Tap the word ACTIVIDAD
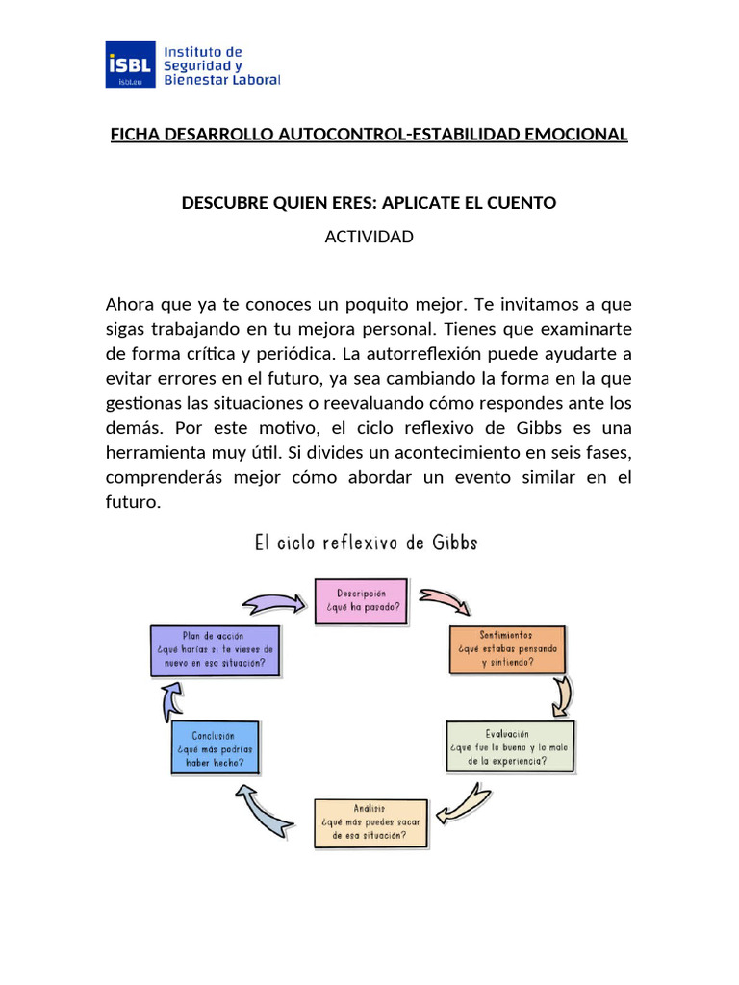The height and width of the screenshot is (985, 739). pos(369,236)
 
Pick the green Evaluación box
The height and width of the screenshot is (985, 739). pos(509,746)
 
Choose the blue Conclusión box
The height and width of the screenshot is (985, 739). pos(215,748)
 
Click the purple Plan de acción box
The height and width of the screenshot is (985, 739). pos(215,649)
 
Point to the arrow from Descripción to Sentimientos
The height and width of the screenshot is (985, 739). pos(443,601)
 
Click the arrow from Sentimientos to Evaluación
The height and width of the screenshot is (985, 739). pos(560,695)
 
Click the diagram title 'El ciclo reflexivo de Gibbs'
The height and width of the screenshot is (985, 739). pos(366,543)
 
